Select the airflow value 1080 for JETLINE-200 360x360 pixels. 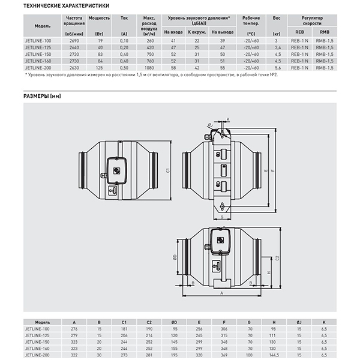(151, 70)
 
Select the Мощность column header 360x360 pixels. (99, 19)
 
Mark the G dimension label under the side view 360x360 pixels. (221, 217)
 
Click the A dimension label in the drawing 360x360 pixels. (221, 293)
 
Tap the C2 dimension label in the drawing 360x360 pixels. (277, 257)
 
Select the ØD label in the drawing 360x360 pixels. (174, 257)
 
